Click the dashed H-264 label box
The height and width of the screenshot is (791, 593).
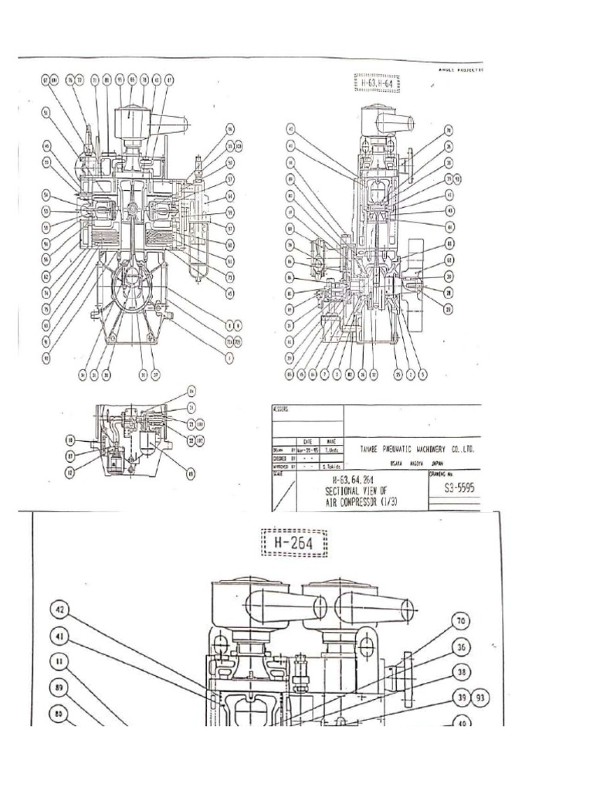[294, 544]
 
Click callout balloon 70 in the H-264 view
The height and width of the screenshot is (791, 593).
[461, 620]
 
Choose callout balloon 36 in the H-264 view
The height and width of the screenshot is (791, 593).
[461, 646]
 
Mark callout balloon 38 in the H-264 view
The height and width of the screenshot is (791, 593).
[461, 672]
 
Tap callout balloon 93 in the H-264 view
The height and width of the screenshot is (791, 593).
[479, 698]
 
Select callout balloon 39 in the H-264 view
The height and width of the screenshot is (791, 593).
[460, 698]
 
